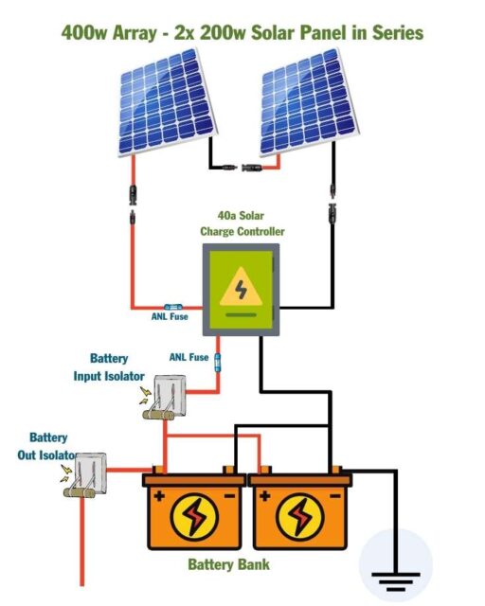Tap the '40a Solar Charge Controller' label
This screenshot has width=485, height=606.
242,223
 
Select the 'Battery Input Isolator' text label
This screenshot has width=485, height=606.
109,367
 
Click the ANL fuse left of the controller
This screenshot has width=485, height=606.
171,307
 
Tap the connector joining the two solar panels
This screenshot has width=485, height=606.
242,168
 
